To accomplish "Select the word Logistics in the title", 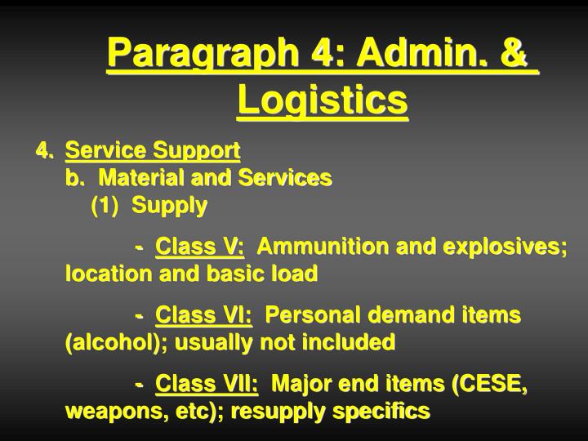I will coord(322,101).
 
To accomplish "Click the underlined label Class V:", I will coord(200,246).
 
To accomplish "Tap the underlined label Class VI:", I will coord(204,314).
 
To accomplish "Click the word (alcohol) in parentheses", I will coord(105,342).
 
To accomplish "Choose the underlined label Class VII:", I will coord(207,383).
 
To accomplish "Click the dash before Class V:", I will coord(141,246).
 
